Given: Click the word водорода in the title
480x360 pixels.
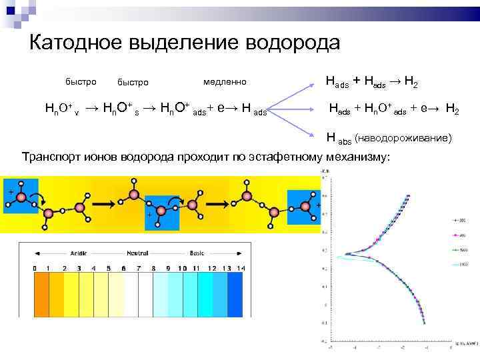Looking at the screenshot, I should pyautogui.click(x=293, y=43).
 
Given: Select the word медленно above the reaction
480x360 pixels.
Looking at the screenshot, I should pyautogui.click(x=225, y=82).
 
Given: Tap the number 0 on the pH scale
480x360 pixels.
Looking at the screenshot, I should pyautogui.click(x=35, y=268).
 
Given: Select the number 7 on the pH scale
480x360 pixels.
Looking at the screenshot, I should pyautogui.click(x=139, y=268).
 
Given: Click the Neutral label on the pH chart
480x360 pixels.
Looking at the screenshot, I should pyautogui.click(x=139, y=254).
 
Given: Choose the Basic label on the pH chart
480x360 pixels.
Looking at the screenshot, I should pyautogui.click(x=197, y=254).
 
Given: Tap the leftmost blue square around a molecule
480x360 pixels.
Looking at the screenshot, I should pyautogui.click(x=20, y=196).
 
